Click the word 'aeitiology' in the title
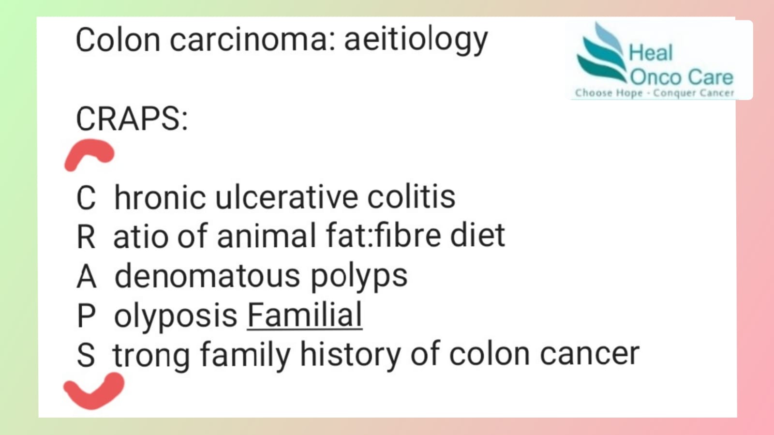(x=416, y=40)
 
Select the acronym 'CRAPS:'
(x=132, y=119)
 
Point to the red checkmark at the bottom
(x=94, y=391)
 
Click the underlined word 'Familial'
(x=304, y=315)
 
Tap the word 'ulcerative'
(x=286, y=197)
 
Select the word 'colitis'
(x=411, y=197)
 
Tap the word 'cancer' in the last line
(x=590, y=354)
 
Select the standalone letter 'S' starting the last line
(x=86, y=355)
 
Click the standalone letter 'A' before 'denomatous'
(x=87, y=276)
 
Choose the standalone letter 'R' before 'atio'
(x=86, y=237)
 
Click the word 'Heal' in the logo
(x=651, y=53)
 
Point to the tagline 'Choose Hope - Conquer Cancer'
(x=655, y=93)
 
